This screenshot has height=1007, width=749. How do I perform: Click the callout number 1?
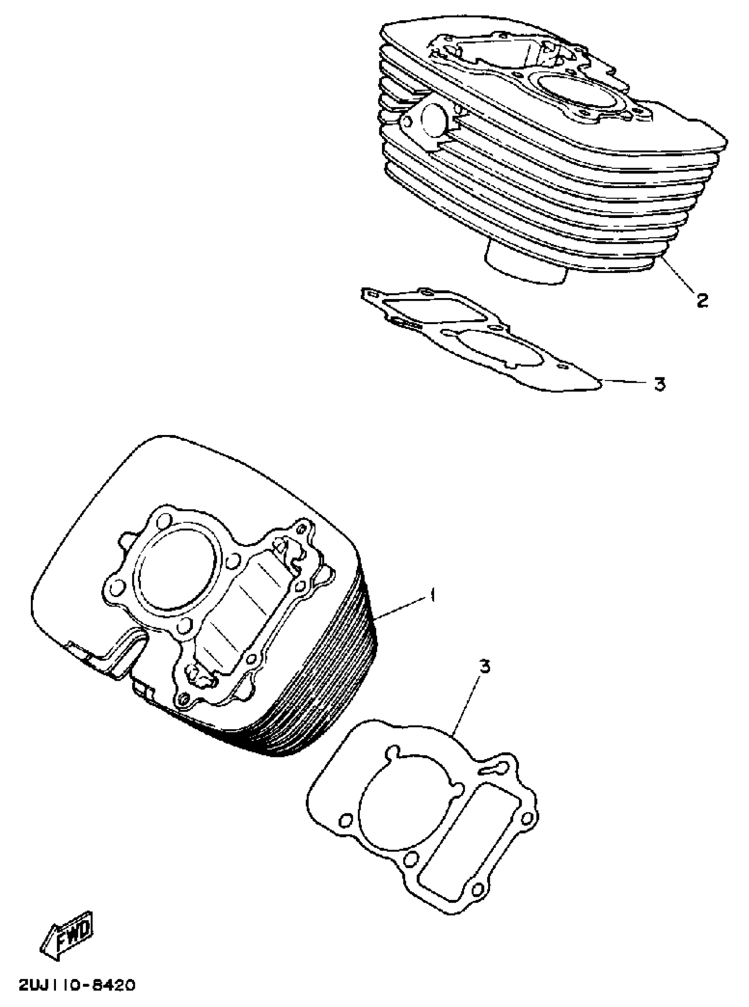[x=433, y=594]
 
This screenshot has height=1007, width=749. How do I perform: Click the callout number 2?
[x=702, y=300]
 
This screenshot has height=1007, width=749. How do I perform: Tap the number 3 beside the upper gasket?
[x=660, y=384]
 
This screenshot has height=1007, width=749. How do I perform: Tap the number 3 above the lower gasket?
[x=485, y=666]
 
